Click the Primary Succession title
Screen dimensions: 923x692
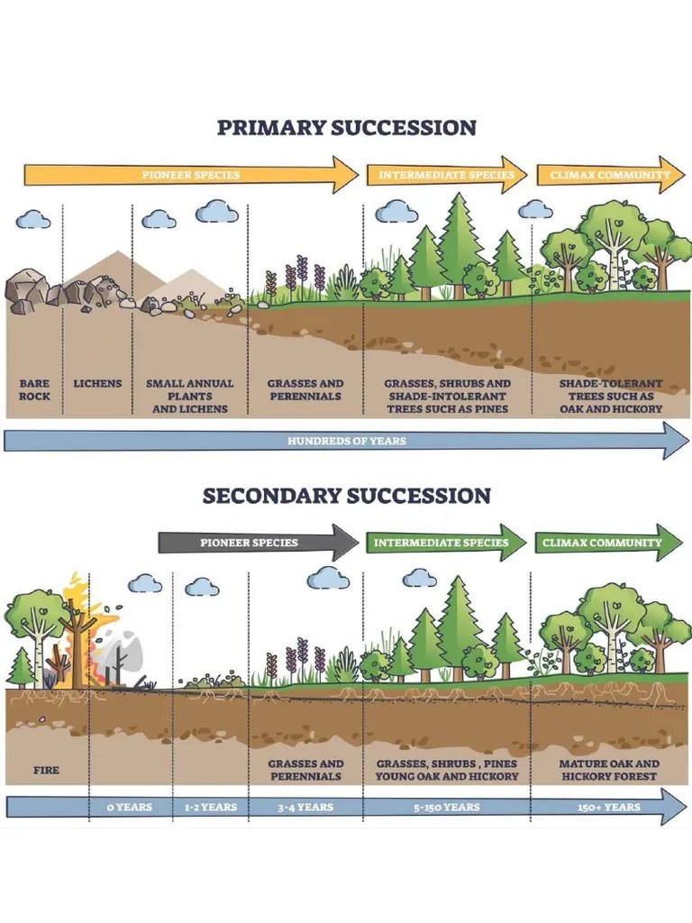[x=346, y=127]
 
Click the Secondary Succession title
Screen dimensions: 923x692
[x=346, y=496]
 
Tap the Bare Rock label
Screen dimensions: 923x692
[x=34, y=389]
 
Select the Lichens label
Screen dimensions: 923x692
[x=97, y=383]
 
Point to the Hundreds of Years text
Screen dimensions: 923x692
[x=346, y=441]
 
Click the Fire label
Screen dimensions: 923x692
[x=46, y=770]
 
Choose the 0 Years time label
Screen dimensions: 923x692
[x=129, y=807]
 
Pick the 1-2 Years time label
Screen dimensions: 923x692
[x=210, y=807]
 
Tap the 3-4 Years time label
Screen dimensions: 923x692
[x=305, y=807]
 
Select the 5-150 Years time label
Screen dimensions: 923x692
[x=447, y=807]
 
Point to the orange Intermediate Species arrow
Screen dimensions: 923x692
[x=446, y=175]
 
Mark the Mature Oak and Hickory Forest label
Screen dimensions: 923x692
[x=609, y=770]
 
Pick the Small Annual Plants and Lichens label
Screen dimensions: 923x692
[x=189, y=396]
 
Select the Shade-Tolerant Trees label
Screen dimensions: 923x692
[x=610, y=396]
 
